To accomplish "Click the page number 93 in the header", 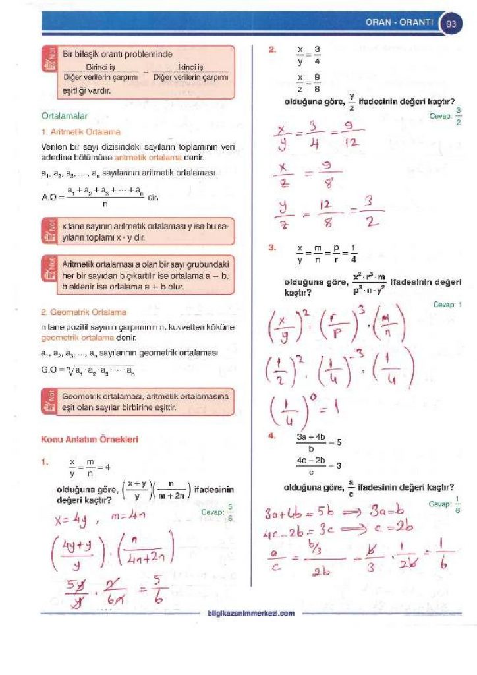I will click(451, 24).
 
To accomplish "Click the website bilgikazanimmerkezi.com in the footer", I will click(251, 614).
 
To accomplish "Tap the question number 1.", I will click(44, 462).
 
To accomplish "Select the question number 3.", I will click(272, 248).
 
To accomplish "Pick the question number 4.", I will click(272, 436).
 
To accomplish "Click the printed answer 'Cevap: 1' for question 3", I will click(447, 305).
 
